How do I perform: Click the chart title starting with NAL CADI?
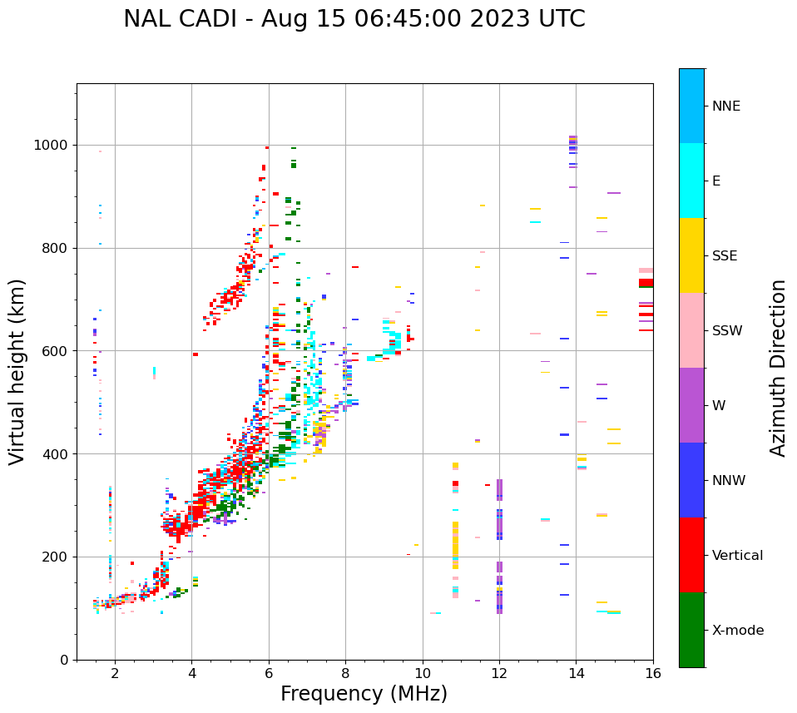point(354,19)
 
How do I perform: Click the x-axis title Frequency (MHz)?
point(364,694)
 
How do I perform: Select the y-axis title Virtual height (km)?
point(17,371)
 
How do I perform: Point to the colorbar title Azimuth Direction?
point(778,368)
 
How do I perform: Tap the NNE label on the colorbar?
point(726,106)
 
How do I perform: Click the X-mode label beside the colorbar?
point(738,631)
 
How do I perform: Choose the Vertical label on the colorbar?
point(738,556)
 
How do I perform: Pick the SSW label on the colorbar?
point(727,331)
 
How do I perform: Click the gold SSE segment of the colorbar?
point(691,255)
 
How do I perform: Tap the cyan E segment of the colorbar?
point(691,180)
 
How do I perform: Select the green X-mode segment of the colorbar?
point(691,630)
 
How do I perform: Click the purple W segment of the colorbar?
point(691,405)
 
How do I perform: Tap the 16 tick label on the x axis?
point(653,674)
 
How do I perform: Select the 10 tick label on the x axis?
point(423,674)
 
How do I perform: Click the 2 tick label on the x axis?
point(115,674)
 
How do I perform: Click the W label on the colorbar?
point(719,406)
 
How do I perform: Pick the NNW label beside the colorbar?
point(729,481)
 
